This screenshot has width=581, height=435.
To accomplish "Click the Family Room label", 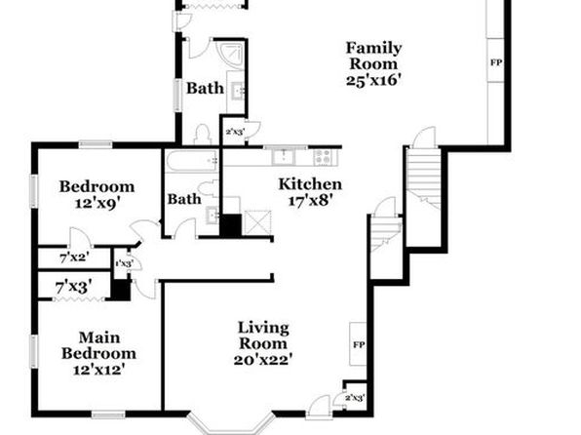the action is point(373,56).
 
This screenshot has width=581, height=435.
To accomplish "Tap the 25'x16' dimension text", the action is point(373,80).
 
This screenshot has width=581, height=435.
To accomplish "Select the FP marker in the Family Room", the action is point(496,62).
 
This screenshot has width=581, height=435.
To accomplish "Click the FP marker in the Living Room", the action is point(359,345).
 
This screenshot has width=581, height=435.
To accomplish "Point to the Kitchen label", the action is point(310,184).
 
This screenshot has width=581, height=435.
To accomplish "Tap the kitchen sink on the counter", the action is point(284,156).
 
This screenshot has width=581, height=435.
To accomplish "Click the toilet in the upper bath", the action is point(203,135).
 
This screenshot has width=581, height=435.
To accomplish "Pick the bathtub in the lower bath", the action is point(192,161).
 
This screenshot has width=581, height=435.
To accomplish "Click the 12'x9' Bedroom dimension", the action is point(97,203).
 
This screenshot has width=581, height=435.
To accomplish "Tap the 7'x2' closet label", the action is point(74,257).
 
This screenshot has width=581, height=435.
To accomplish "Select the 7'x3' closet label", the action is point(74,287).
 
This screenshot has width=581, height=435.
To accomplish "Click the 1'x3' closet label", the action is point(124,263).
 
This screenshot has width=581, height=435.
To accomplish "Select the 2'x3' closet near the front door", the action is point(355,398).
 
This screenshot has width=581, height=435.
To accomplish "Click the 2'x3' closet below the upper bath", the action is point(235,132).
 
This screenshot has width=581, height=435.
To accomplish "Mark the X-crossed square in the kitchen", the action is point(258,222).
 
